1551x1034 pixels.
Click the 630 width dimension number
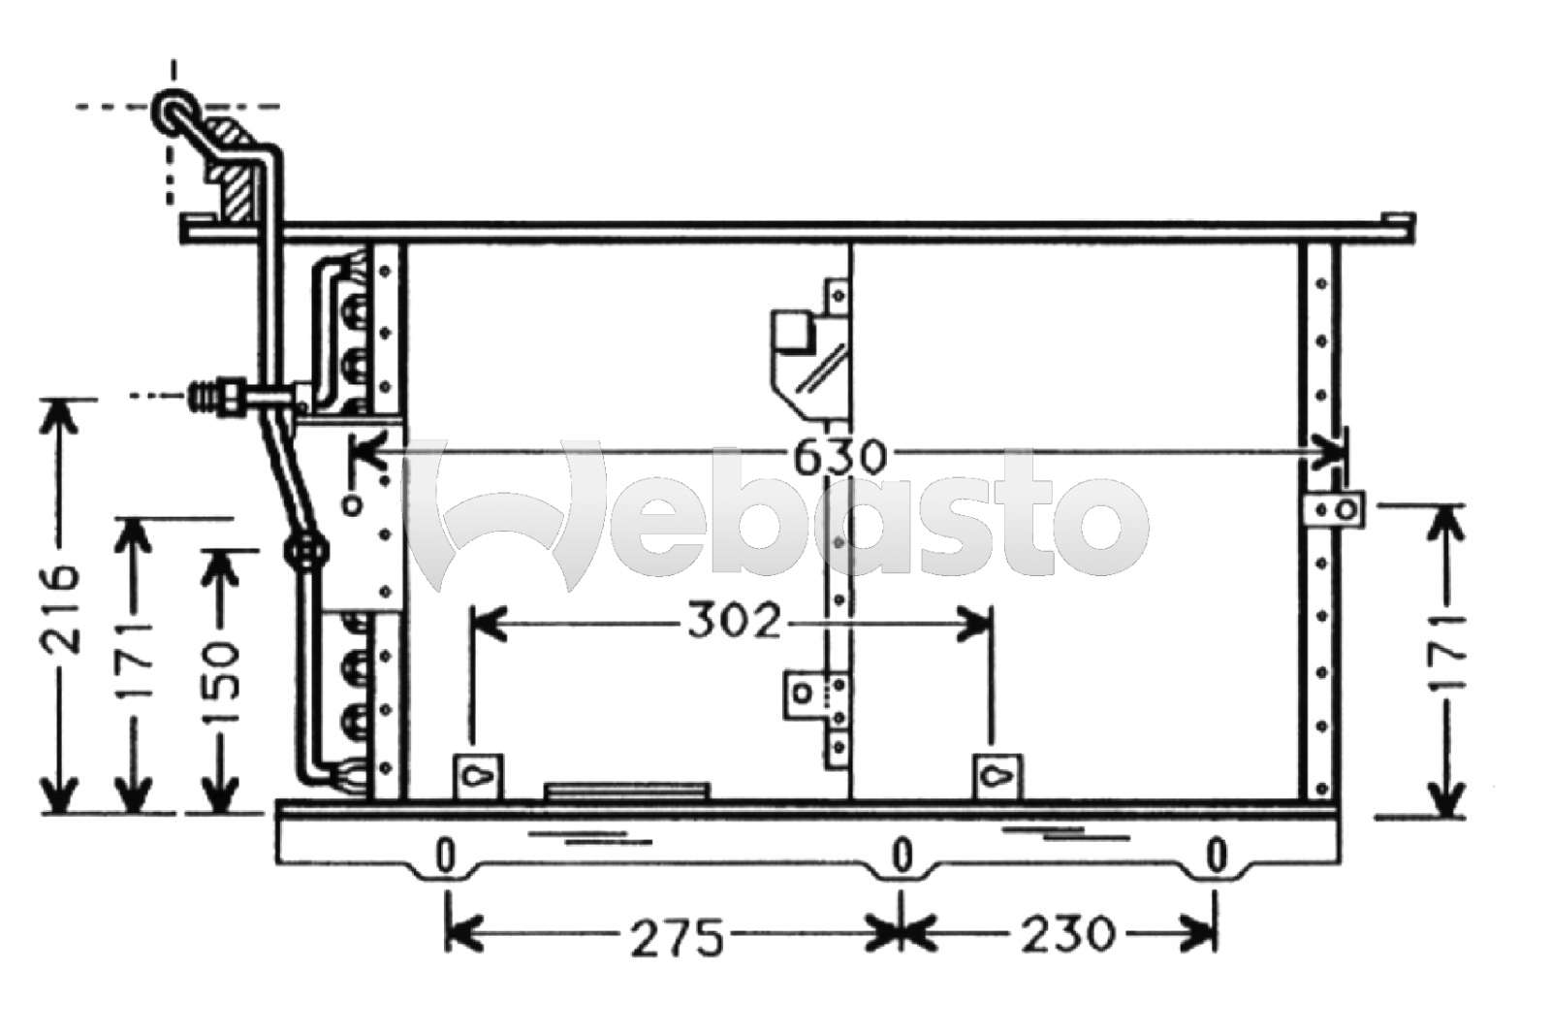pos(839,457)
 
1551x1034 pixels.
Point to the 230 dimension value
pos(1068,934)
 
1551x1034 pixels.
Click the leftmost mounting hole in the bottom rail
pos(446,856)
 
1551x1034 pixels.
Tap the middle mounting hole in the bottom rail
pos(901,856)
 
